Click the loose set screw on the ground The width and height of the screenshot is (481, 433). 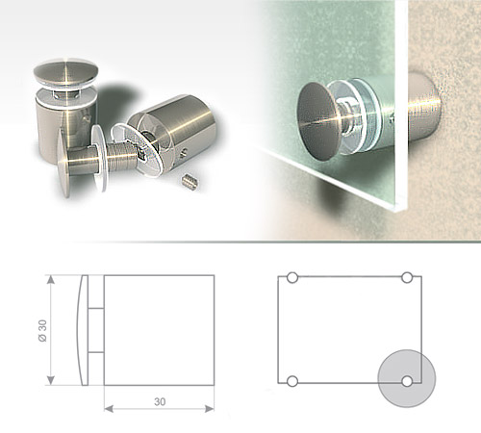(189, 179)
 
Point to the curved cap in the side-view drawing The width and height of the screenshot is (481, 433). (86, 328)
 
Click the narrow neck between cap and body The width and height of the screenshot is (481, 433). (98, 328)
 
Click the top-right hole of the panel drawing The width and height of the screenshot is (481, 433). (407, 278)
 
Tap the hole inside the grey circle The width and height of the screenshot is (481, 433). (407, 381)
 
